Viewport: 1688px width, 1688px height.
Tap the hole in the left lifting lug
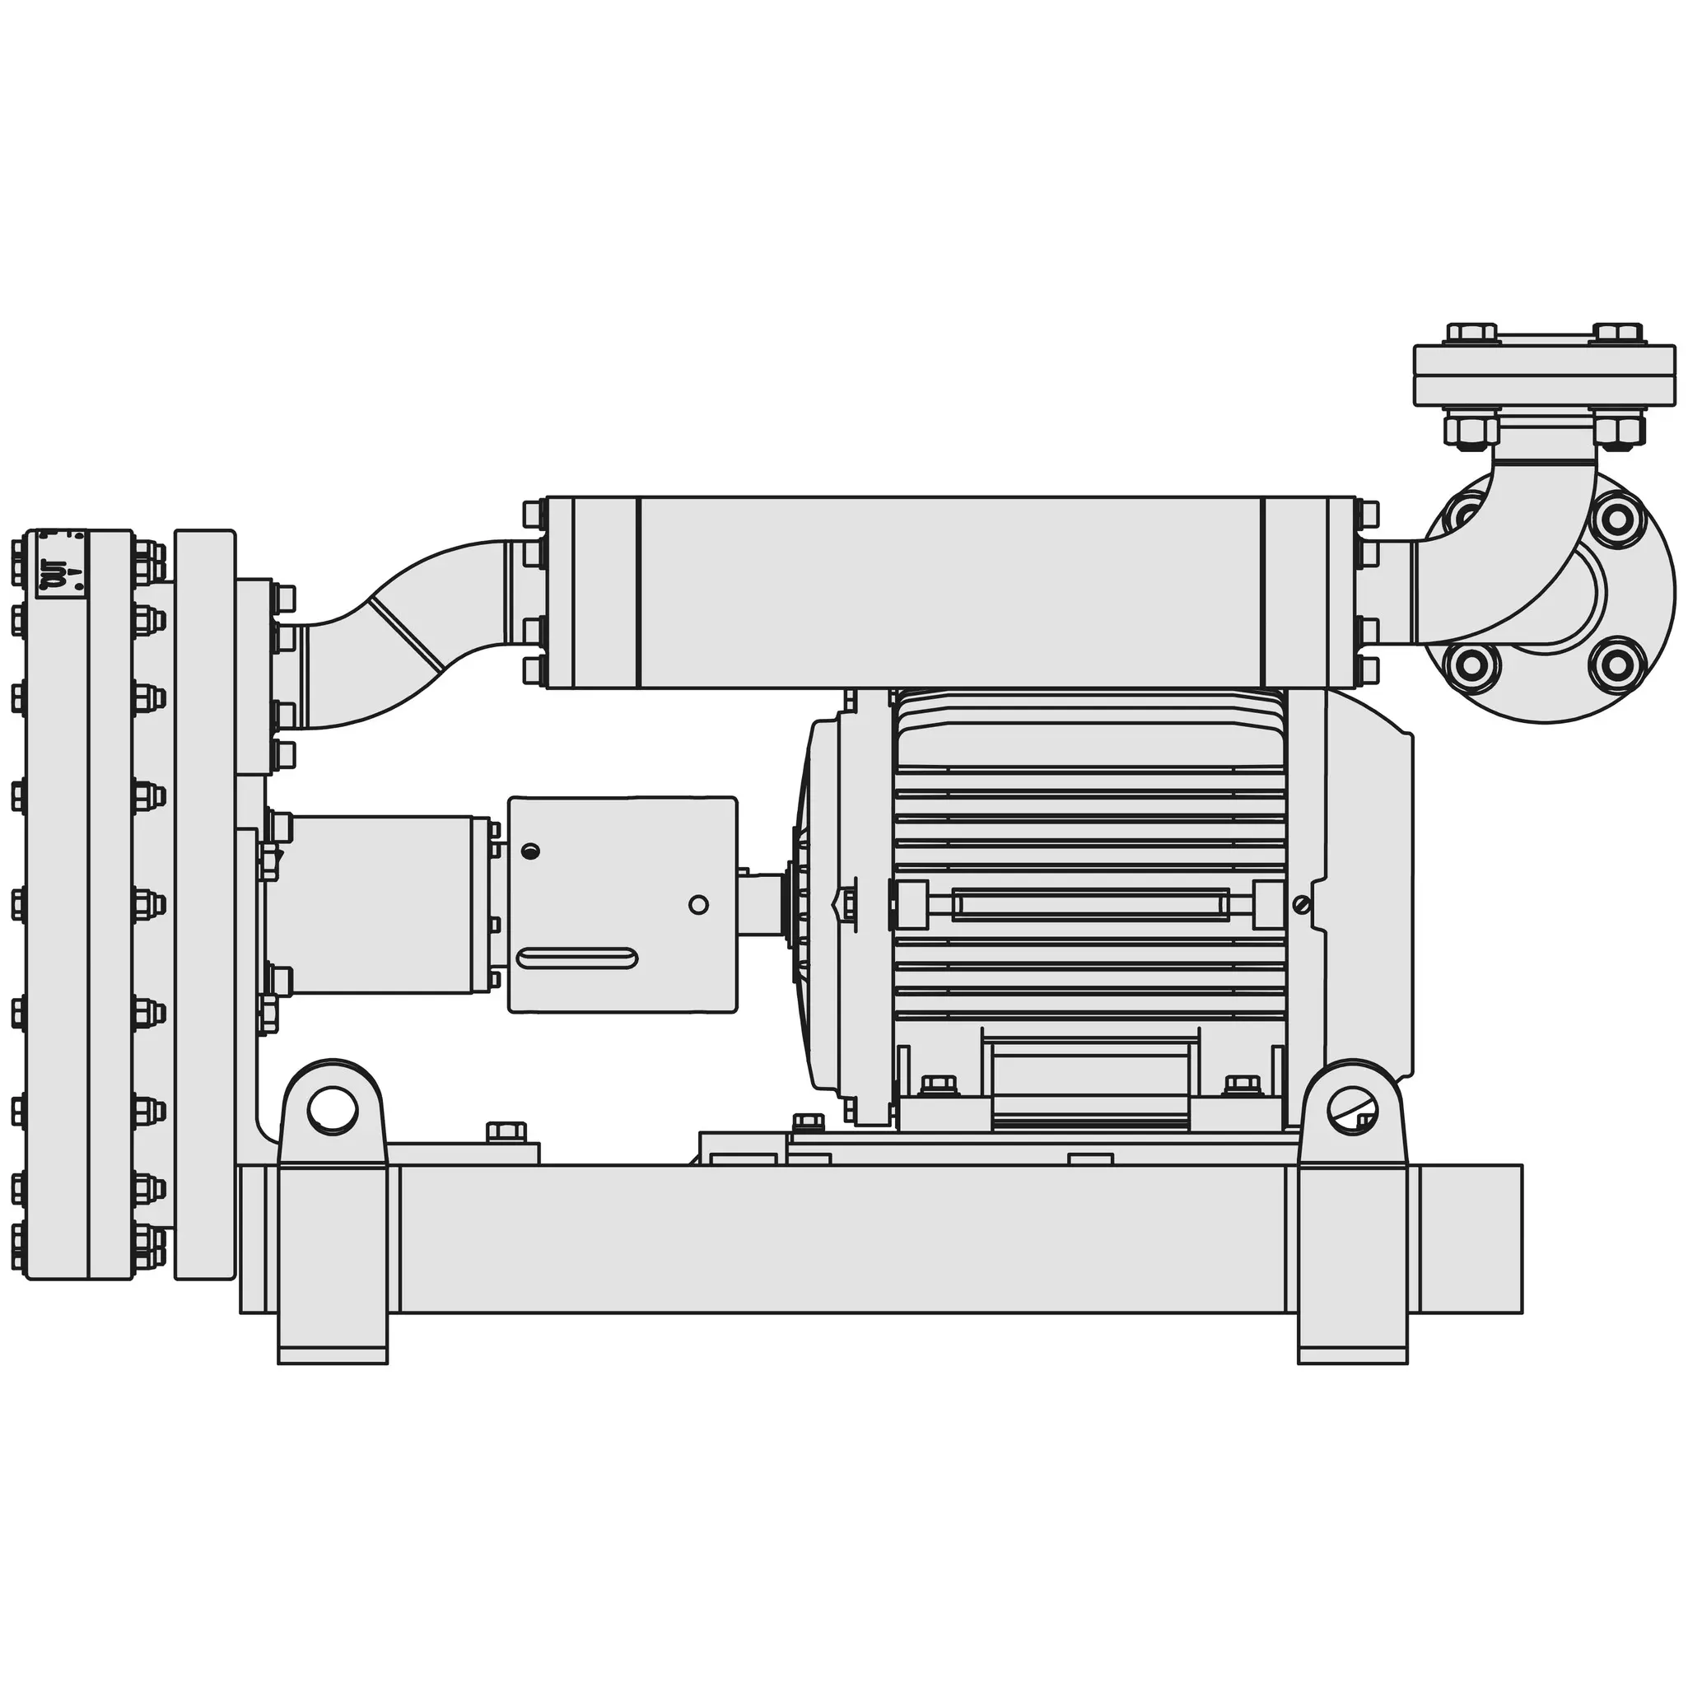333,1110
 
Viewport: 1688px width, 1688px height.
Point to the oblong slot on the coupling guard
576,958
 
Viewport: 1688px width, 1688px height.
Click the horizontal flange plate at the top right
1545,375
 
